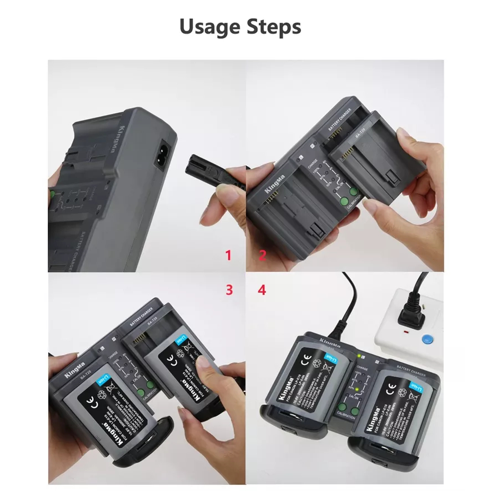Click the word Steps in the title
(274, 27)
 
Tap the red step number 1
(228, 255)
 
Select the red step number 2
(262, 255)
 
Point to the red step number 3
(229, 289)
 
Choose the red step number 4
(262, 289)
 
